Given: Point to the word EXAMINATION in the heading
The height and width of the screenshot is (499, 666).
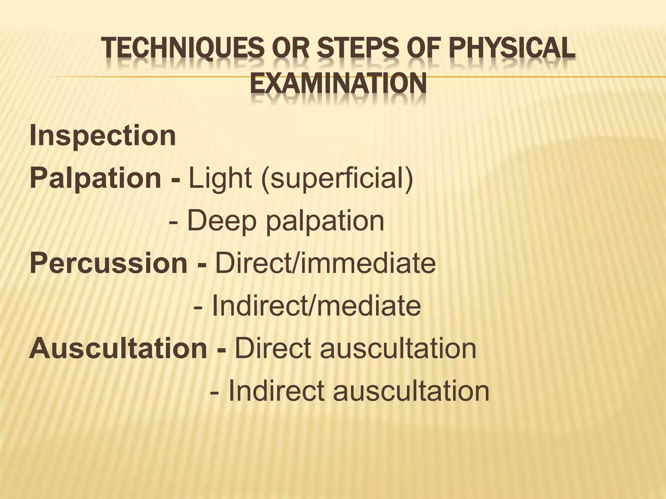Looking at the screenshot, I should [x=338, y=84].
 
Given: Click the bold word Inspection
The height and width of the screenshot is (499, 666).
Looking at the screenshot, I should [x=103, y=136].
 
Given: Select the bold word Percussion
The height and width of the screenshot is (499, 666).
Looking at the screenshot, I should [x=108, y=263].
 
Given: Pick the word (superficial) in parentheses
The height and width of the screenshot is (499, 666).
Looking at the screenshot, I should [x=337, y=179].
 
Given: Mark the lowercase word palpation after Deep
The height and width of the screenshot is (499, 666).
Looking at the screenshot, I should [x=325, y=221].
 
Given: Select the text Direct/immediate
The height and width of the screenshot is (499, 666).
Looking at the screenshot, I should [x=325, y=263].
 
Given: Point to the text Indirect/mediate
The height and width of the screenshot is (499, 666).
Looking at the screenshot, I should [x=316, y=306].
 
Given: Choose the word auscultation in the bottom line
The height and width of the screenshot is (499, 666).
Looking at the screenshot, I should [x=411, y=391].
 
